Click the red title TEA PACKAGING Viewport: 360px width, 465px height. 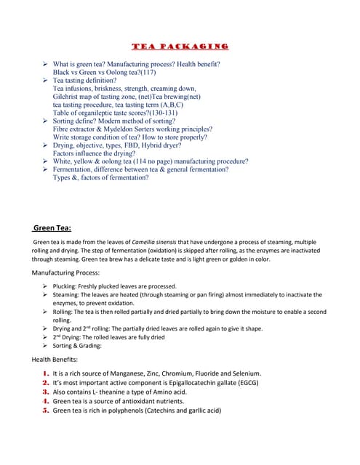point(180,46)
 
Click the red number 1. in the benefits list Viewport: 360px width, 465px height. point(46,373)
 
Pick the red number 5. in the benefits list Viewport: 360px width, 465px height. point(46,410)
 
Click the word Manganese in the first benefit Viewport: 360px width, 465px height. point(127,373)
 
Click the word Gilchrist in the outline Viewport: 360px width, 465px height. point(68,96)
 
